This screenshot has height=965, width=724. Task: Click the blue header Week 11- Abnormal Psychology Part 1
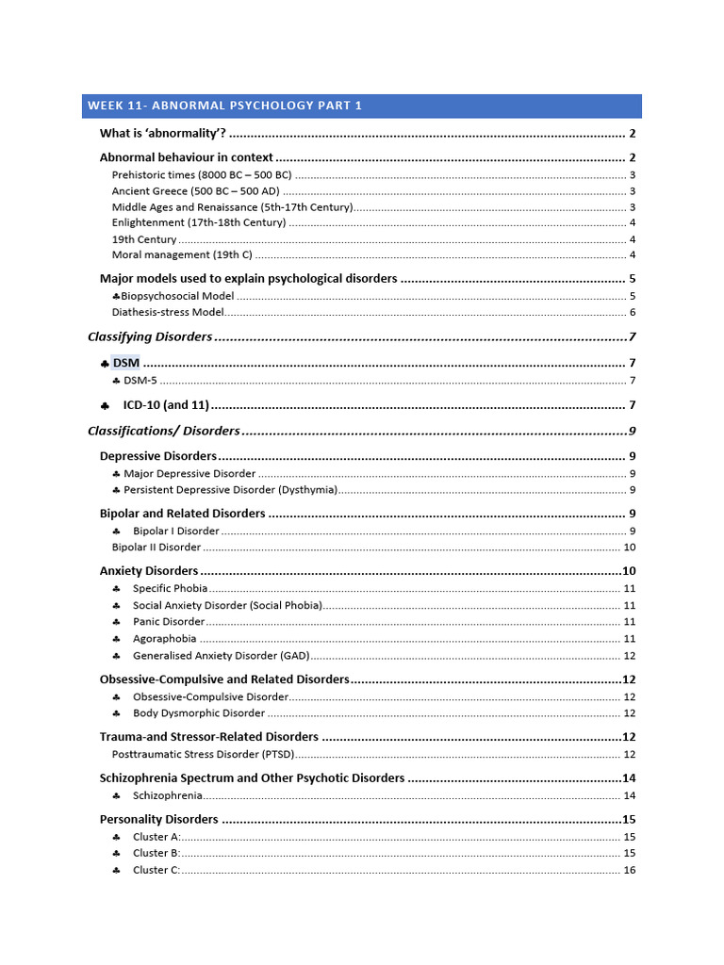(224, 106)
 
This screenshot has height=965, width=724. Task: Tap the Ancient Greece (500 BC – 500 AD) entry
(195, 191)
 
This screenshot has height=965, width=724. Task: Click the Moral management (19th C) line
(181, 254)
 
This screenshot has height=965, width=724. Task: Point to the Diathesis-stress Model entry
(168, 312)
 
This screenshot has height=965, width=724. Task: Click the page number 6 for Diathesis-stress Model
(633, 312)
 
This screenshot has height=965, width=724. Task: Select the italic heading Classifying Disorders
(150, 337)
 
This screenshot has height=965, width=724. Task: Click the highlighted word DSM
(125, 363)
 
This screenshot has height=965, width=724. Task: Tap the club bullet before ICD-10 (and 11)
(105, 405)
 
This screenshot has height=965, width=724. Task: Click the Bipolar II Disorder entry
(156, 547)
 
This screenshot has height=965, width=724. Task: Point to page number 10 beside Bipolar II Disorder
(630, 547)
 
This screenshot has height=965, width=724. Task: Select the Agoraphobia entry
(164, 638)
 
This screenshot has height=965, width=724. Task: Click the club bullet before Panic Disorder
(116, 622)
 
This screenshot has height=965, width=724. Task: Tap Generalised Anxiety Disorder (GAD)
(220, 656)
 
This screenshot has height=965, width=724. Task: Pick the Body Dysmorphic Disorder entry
(199, 713)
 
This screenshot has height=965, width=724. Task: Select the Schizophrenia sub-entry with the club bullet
(167, 795)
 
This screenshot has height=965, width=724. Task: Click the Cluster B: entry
(156, 853)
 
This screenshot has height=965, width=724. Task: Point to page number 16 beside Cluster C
(630, 870)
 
